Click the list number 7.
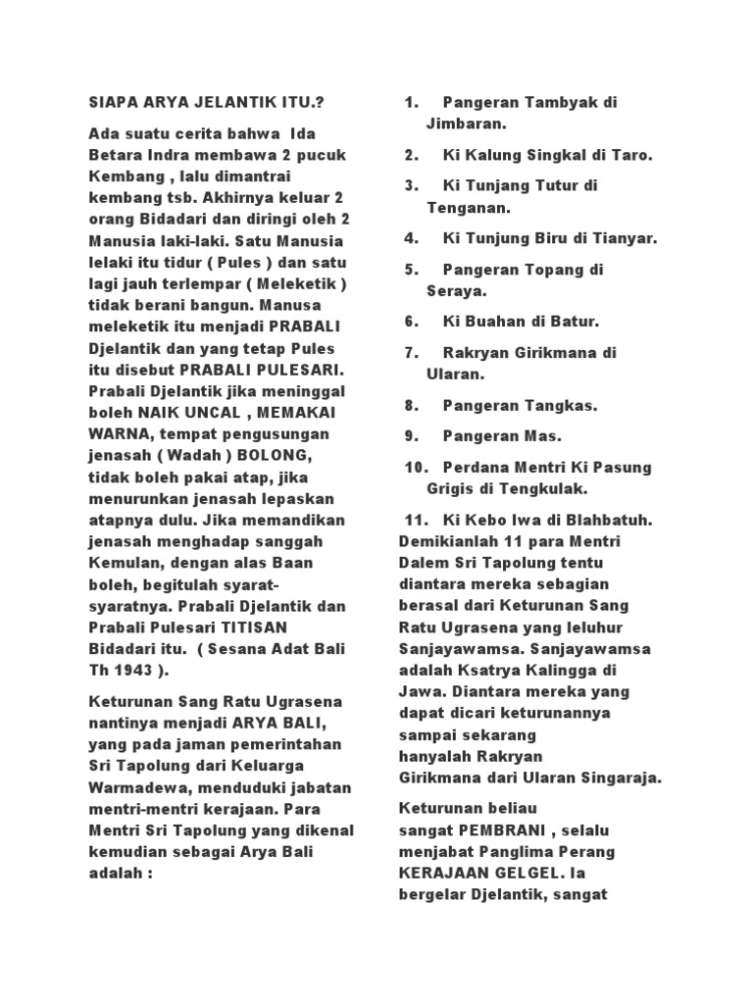coord(411,352)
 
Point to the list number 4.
coord(411,238)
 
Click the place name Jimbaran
coord(466,125)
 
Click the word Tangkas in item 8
coord(565,405)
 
